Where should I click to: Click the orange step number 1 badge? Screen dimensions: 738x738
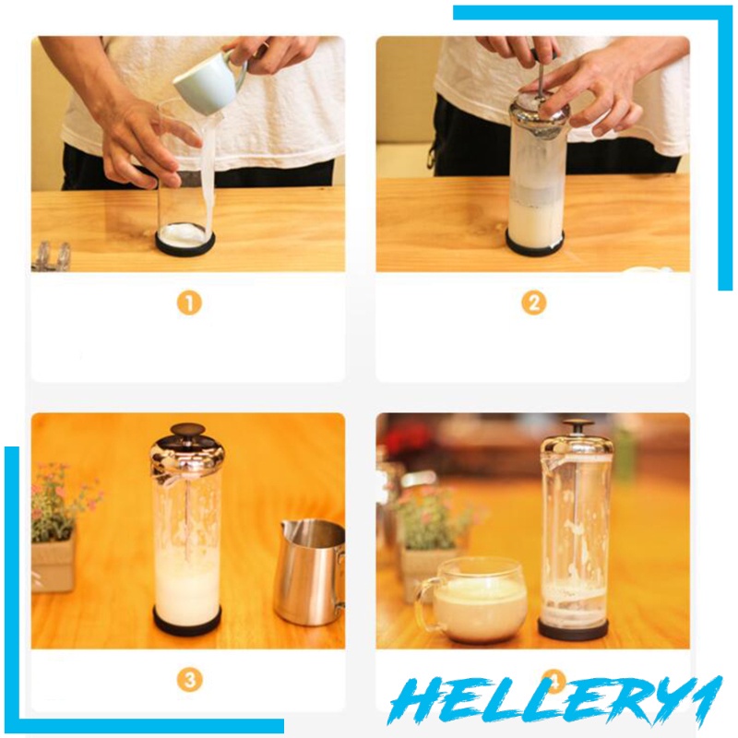pyautogui.click(x=189, y=304)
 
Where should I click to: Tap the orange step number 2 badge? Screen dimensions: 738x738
pyautogui.click(x=534, y=304)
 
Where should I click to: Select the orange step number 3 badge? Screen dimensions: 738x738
pyautogui.click(x=189, y=680)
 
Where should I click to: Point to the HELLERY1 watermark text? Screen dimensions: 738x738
pyautogui.click(x=554, y=701)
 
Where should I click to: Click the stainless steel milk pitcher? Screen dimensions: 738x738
pyautogui.click(x=311, y=571)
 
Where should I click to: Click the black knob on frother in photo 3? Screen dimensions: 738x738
pyautogui.click(x=188, y=429)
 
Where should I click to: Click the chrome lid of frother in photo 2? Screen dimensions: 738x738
pyautogui.click(x=539, y=115)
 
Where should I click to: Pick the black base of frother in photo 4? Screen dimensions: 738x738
pyautogui.click(x=573, y=630)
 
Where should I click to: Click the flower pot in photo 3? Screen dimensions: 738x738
pyautogui.click(x=53, y=563)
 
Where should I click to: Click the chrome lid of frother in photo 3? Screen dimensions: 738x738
pyautogui.click(x=187, y=454)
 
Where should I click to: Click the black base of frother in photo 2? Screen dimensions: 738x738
pyautogui.click(x=535, y=244)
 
